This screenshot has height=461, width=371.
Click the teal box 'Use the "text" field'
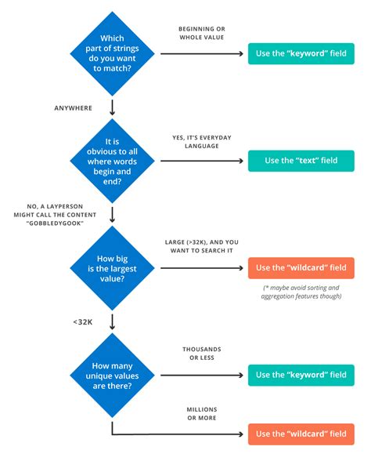tap(300, 161)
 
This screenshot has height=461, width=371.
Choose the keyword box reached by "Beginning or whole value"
tap(300, 55)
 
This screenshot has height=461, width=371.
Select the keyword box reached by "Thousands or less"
tap(300, 375)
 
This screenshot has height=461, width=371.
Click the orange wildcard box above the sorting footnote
tap(300, 267)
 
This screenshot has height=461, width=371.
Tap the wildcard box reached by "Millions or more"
tap(300, 433)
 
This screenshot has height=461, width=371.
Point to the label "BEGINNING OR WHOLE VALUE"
tap(202, 33)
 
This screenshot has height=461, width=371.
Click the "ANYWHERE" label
tap(74, 107)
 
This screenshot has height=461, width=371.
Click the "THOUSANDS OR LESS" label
tap(202, 353)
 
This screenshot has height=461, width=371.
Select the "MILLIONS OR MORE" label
tap(202, 413)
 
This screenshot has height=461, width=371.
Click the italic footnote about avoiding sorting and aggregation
tap(300, 292)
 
